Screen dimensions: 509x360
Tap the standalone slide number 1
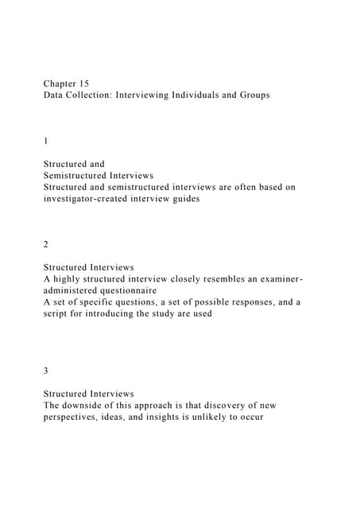click(46, 141)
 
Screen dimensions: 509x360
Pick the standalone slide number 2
click(46, 245)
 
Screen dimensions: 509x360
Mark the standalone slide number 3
click(46, 371)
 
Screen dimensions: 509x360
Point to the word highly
click(72, 279)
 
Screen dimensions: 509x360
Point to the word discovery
click(235, 406)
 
